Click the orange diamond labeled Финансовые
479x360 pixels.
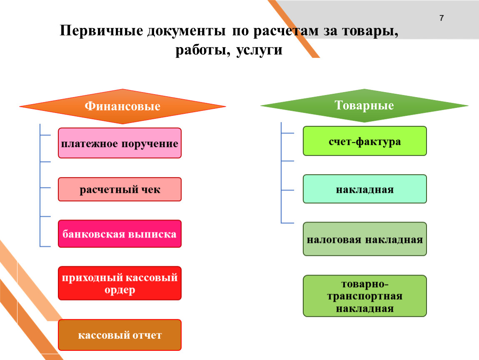coord(122,106)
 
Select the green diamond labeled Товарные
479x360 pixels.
coord(364,105)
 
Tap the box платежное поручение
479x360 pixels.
coord(120,143)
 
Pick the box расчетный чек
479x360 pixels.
coord(120,189)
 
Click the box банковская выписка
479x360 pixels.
coord(120,234)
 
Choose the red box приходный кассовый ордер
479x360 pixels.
coord(120,283)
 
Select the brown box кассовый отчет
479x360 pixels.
coord(120,335)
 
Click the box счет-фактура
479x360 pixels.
coord(365,141)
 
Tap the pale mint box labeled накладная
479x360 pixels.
coord(365,189)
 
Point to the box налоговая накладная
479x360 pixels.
coord(365,239)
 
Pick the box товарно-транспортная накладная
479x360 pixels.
coord(365,296)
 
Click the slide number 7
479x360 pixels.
coord(442,18)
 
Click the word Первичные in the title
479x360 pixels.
coord(101,31)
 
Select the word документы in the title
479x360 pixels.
coord(186,31)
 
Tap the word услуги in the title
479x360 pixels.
coord(259,50)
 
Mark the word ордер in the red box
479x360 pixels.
coord(120,290)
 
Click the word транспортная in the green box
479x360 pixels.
coord(365,296)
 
